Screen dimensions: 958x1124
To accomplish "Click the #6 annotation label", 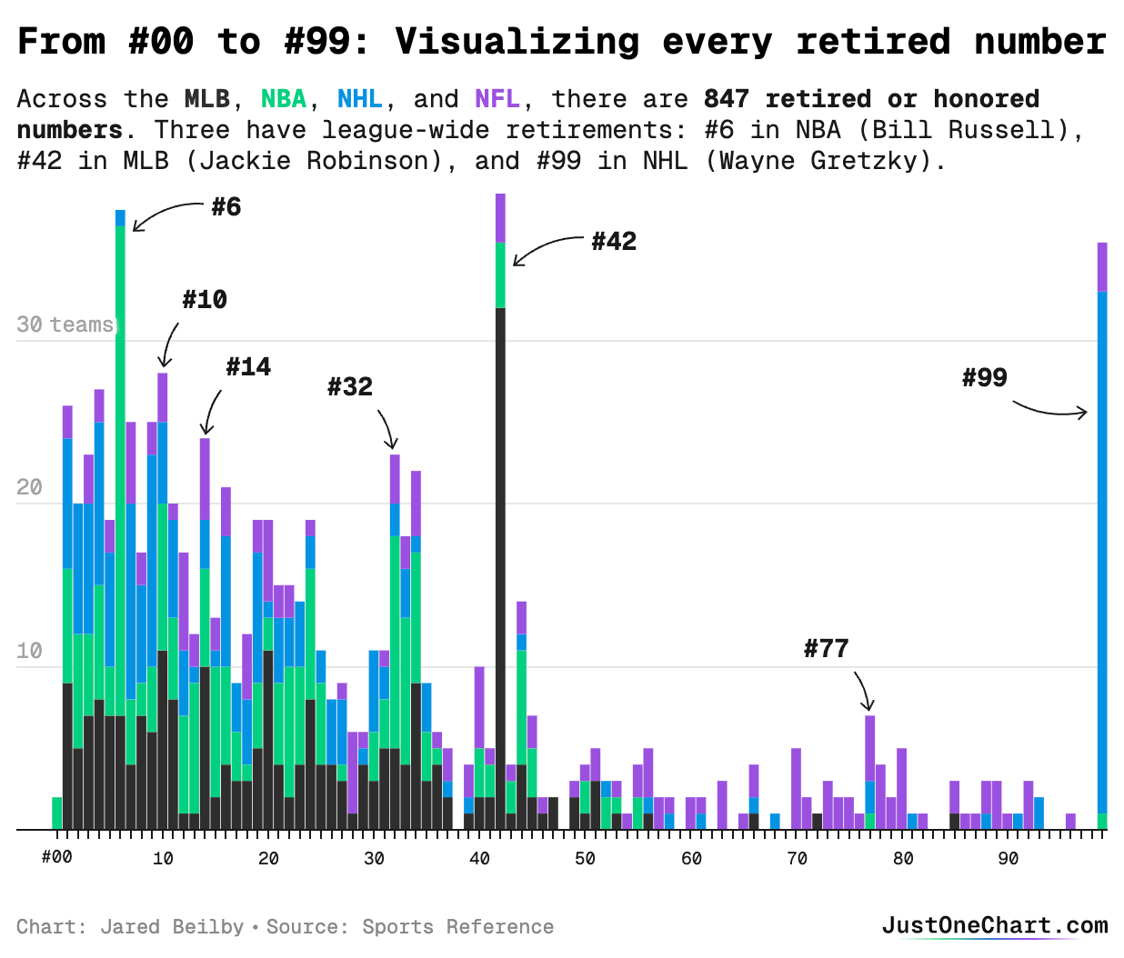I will [226, 207].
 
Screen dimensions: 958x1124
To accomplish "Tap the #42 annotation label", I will [614, 242].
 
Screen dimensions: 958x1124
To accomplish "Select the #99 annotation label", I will [985, 378].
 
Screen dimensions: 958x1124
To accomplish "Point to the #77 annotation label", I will [826, 649].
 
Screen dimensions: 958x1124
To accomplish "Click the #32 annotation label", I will [350, 387].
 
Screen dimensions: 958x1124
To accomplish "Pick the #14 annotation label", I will [248, 367].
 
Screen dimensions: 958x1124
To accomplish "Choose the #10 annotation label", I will [205, 300].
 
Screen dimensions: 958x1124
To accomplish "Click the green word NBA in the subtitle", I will [284, 99].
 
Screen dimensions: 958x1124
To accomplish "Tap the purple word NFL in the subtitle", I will [497, 99].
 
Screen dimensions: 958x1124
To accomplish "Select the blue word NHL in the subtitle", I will [360, 99].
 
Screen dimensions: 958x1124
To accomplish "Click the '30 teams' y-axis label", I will [65, 324].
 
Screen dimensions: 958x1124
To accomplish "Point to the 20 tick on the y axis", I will [29, 488].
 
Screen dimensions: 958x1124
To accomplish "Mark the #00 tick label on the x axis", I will [56, 858].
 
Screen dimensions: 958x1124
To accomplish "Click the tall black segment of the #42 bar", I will [500, 564].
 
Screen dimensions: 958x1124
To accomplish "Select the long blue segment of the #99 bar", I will [1102, 545].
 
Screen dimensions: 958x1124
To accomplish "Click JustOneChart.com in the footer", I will [995, 926].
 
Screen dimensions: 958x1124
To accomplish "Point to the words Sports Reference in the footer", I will [457, 927].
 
